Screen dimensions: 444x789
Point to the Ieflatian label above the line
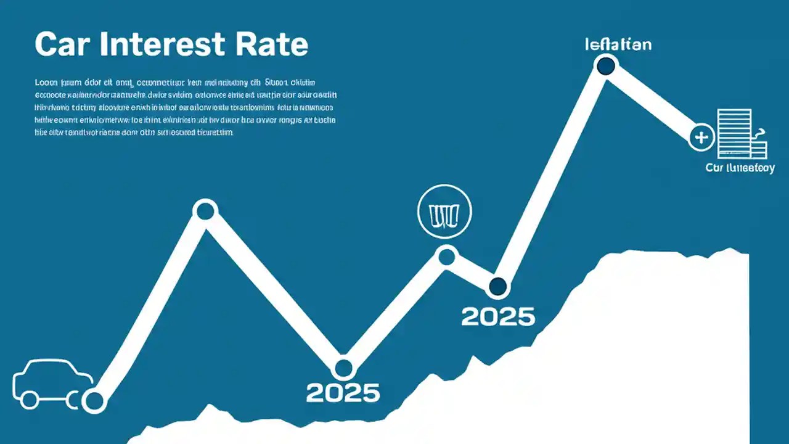point(618,44)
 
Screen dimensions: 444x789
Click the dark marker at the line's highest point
point(606,65)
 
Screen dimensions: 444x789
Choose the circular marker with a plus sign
point(701,137)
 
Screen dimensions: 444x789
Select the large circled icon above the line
point(444,212)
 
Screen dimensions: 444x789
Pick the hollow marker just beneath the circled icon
point(446,255)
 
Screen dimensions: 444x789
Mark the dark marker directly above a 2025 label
point(497,286)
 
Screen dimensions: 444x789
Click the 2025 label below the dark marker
point(498,316)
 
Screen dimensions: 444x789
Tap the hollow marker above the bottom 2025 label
point(343,368)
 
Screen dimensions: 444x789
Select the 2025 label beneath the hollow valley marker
point(343,392)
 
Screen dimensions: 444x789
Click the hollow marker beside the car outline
point(94,401)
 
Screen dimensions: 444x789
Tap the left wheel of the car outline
point(29,400)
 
